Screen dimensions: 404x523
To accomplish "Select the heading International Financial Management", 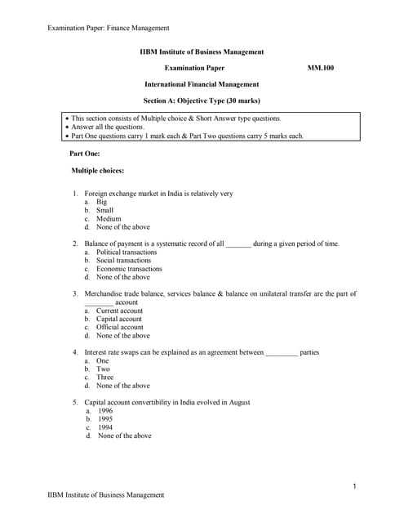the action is click(202, 84).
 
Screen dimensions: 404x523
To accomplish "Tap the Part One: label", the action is click(86, 153).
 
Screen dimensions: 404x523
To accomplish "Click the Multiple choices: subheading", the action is click(98, 171).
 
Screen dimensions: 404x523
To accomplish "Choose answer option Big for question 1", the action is click(101, 202).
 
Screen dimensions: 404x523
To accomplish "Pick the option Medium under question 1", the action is click(108, 219).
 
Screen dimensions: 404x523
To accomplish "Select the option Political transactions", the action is click(127, 253).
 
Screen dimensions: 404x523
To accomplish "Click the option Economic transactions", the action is click(129, 269).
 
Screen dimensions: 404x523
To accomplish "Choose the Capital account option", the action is click(118, 320).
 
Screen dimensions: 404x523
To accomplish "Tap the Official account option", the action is click(119, 328).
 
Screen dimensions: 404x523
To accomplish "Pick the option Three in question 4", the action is click(104, 378).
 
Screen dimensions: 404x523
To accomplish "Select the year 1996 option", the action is click(105, 411).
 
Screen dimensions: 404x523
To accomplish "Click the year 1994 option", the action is click(105, 427).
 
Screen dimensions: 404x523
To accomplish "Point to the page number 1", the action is click(354, 487).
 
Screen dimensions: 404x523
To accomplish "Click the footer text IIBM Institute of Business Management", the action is click(106, 495).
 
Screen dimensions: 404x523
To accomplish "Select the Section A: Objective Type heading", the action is click(202, 101).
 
